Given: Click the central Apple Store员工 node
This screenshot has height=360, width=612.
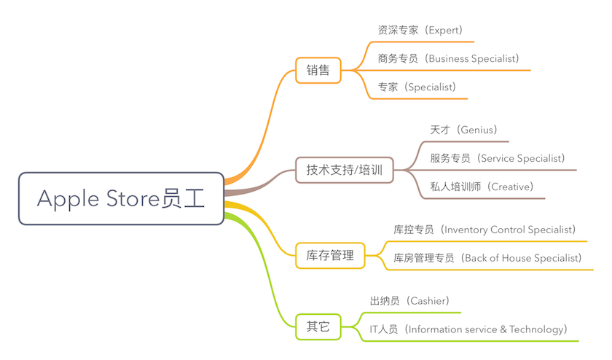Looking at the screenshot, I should (121, 198).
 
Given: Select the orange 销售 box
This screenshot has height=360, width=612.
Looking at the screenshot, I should (318, 71).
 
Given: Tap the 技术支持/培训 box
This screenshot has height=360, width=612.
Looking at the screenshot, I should (344, 171).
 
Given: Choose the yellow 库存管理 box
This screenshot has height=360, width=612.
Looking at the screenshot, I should (330, 255).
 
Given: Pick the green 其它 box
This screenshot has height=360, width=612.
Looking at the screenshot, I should (318, 326).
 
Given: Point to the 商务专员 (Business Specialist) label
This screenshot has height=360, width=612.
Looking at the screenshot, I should (448, 58).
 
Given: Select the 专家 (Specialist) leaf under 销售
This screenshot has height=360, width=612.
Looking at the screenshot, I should (417, 87).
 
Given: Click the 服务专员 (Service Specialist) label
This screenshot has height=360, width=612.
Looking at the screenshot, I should (498, 157).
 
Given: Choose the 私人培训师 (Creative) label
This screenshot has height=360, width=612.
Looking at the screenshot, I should (482, 186).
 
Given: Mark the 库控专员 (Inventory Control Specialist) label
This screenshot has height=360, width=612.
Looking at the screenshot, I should (485, 230).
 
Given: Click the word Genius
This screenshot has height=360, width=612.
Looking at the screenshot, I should (476, 130).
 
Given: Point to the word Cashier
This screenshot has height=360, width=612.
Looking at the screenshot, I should (428, 300).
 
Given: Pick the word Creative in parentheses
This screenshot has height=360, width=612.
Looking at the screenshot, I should (511, 186).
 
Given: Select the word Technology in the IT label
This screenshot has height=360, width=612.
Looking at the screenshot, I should (535, 329).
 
